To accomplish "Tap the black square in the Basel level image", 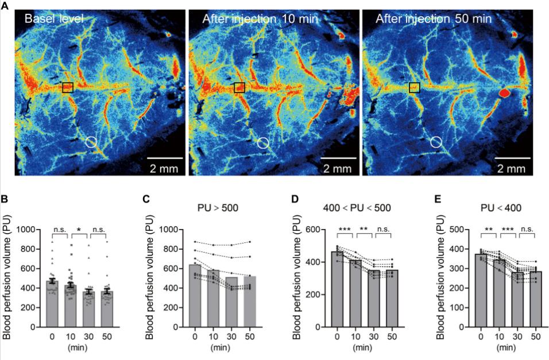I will tap(68, 87).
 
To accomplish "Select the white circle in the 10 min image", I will tap(262, 142).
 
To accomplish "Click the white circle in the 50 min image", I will tap(436, 142).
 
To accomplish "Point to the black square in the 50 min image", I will tap(415, 87).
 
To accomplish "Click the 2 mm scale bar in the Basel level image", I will tap(165, 157).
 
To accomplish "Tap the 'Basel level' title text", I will tap(54, 19).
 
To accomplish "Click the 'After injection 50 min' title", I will tap(434, 19).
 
